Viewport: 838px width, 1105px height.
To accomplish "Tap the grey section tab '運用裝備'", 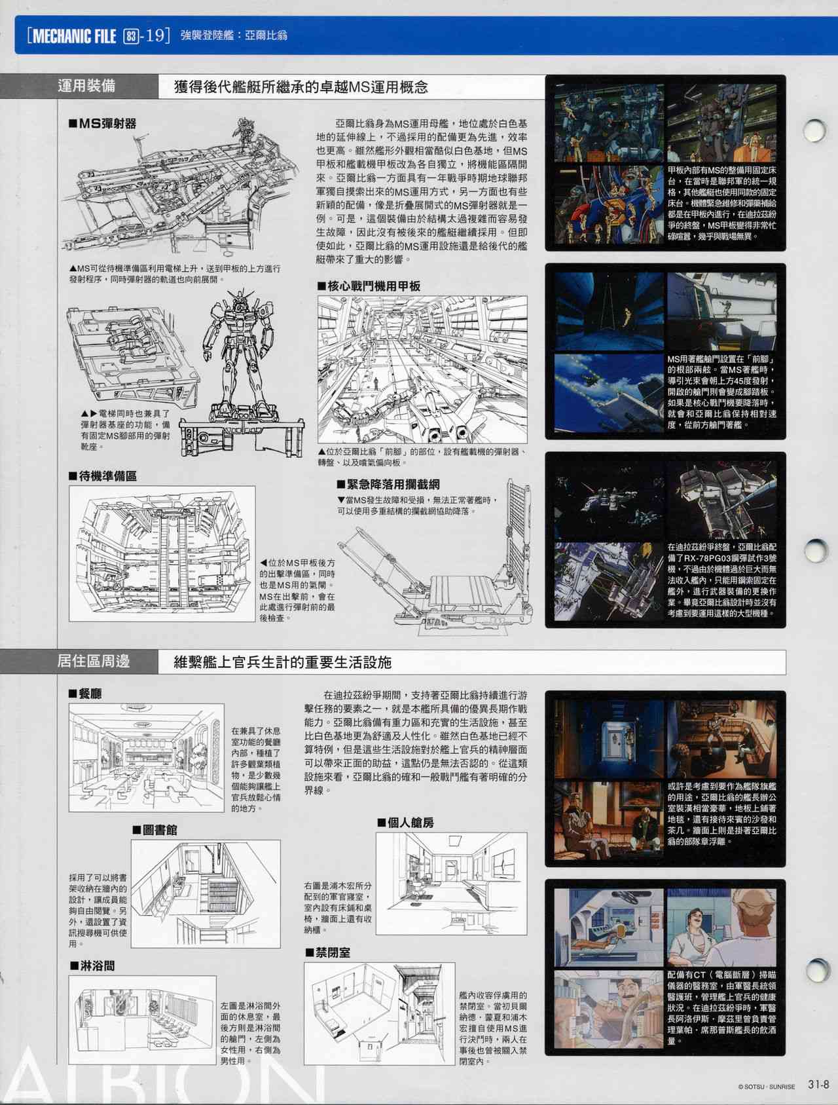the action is point(87,86).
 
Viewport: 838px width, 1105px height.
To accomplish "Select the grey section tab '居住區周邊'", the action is point(94,662).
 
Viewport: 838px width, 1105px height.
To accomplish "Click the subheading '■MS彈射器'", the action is point(102,123).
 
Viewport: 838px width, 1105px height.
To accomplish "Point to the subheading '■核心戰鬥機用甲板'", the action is point(369,286).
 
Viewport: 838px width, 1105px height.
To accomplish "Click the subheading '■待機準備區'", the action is point(103,476).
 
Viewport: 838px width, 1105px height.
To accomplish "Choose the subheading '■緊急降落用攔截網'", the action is point(388,484).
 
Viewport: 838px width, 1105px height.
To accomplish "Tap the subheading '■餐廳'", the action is point(85,694).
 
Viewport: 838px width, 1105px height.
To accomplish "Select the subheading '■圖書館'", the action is point(155,829).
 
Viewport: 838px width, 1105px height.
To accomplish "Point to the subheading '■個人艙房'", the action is point(405,822).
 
